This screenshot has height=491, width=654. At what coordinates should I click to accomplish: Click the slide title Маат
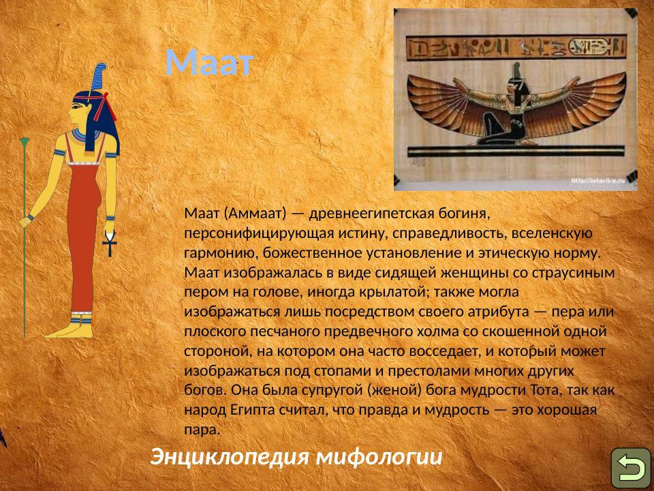point(209,63)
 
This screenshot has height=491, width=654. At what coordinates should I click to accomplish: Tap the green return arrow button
point(630,468)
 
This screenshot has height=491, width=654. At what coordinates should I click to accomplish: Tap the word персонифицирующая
point(258,233)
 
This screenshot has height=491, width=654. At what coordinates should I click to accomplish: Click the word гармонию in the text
point(216,253)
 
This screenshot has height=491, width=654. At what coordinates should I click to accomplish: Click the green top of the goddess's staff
point(25,143)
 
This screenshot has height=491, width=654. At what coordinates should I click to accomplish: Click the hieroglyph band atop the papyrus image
point(515,48)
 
